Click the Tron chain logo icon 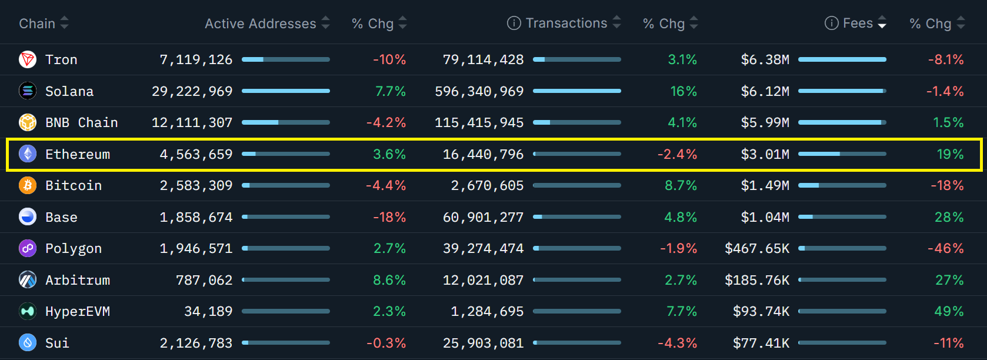click(x=28, y=59)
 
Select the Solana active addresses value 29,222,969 click(x=192, y=91)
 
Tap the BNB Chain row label click(x=81, y=122)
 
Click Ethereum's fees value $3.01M click(x=765, y=154)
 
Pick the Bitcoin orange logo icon click(x=28, y=185)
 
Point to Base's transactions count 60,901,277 click(x=483, y=217)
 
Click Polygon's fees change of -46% click(x=945, y=248)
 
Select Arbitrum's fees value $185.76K click(x=756, y=280)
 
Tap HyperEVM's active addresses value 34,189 click(x=208, y=311)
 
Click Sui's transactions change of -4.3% click(x=677, y=343)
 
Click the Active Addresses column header click(x=260, y=24)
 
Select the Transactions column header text click(x=566, y=23)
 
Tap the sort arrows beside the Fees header click(x=882, y=23)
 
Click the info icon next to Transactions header click(x=514, y=23)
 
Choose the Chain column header click(x=37, y=24)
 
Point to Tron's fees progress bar click(x=842, y=59)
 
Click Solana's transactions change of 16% click(x=683, y=91)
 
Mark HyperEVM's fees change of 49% click(x=949, y=311)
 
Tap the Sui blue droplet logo click(x=28, y=342)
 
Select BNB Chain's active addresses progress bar click(x=285, y=122)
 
